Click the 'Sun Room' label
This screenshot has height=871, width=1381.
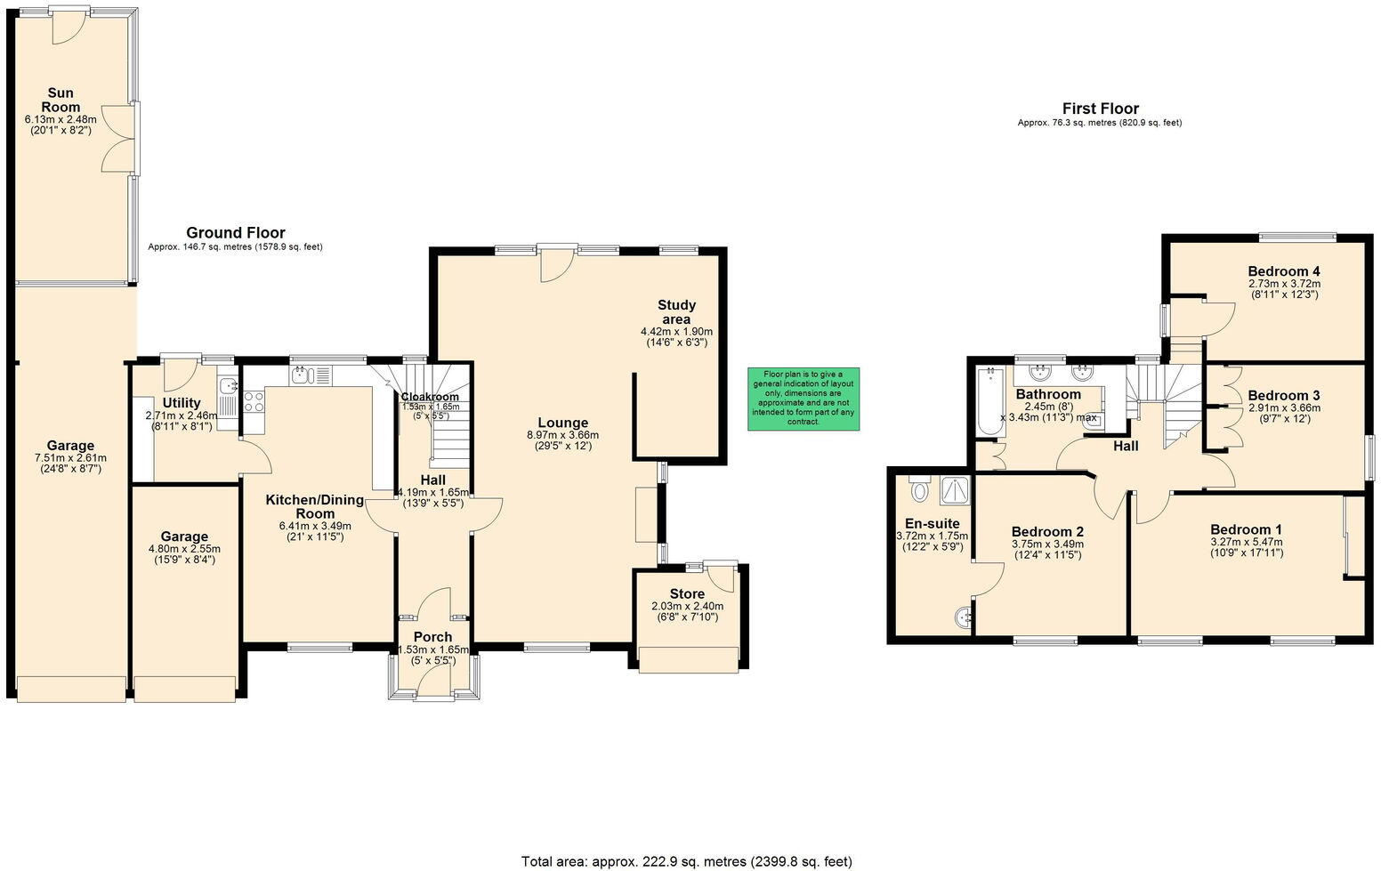click(x=61, y=100)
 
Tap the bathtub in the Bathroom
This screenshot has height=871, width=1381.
click(x=987, y=402)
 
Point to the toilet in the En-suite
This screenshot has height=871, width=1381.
click(x=919, y=490)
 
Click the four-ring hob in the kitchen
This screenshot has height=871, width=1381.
click(x=254, y=401)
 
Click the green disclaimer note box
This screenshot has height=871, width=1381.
click(x=803, y=399)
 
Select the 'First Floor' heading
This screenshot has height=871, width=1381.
click(x=1100, y=109)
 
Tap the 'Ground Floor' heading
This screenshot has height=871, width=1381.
click(x=235, y=233)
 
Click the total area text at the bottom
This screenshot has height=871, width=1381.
click(x=686, y=860)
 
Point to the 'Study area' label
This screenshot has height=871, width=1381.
click(x=676, y=312)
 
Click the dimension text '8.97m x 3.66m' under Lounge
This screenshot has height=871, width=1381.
click(x=561, y=435)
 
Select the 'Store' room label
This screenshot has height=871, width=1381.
click(x=687, y=593)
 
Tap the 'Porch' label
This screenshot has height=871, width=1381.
click(x=432, y=637)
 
